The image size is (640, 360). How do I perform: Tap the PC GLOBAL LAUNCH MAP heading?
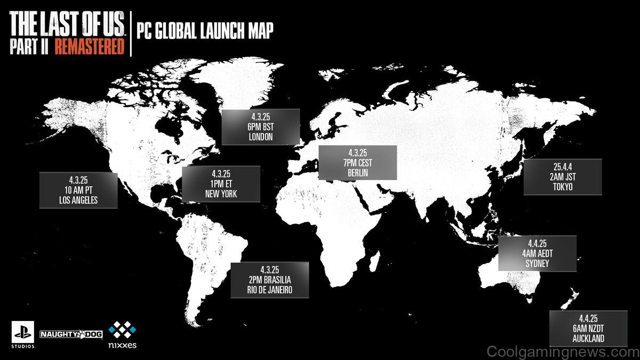click(205, 31)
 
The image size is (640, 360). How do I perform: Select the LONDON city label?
click(261, 137)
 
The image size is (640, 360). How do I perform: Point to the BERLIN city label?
click(357, 173)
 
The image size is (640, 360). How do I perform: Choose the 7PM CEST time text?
click(357, 163)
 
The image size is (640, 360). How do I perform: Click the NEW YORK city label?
click(221, 194)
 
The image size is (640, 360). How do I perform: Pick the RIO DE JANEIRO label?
click(269, 290)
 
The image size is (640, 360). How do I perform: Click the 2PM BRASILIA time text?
click(269, 280)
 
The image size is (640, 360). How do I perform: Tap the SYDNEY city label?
click(537, 264)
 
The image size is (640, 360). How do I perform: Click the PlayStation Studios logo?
click(23, 335)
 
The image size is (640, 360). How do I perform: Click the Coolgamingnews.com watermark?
click(563, 352)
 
